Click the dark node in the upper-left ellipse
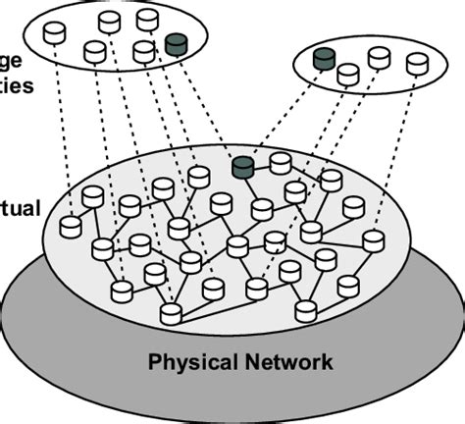(177, 44)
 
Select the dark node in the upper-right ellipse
(324, 59)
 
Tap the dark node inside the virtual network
(242, 167)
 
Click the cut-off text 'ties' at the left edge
(17, 84)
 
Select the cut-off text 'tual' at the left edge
(19, 208)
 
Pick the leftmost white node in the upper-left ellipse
(55, 33)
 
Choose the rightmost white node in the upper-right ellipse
(418, 63)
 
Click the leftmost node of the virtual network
(71, 226)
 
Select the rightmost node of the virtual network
(373, 240)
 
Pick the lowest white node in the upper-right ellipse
(348, 74)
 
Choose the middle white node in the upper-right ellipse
(379, 57)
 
